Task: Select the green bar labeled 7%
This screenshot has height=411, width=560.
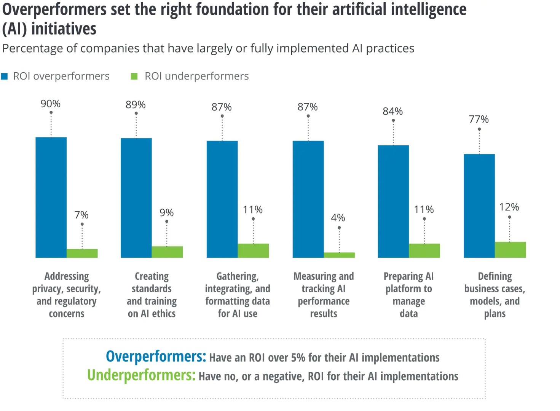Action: pos(82,253)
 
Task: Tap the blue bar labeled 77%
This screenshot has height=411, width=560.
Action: pos(479,205)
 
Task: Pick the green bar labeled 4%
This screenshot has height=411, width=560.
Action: pos(339,255)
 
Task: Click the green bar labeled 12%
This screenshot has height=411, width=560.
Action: pos(510,250)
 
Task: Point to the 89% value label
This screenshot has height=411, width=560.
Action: pos(136,105)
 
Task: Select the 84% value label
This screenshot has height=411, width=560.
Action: pos(392,112)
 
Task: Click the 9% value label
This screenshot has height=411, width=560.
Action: pos(166,213)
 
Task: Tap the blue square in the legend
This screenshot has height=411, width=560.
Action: pos(5,76)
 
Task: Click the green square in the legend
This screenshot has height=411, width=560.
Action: pos(134,76)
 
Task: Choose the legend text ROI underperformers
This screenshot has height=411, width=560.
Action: pos(196,76)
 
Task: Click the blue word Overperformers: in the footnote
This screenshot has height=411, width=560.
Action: pos(156,357)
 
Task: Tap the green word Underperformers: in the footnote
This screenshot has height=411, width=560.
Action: pos(141,375)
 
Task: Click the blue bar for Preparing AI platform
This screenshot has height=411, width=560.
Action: pos(393,201)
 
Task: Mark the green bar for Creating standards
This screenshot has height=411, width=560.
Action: pos(167,252)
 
